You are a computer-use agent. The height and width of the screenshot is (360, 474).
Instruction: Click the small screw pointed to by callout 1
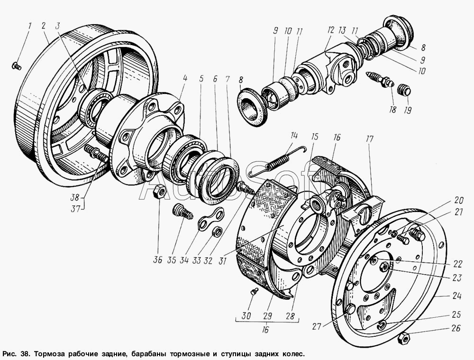coord(16,66)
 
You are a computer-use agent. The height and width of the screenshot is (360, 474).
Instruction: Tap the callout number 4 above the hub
coord(185,78)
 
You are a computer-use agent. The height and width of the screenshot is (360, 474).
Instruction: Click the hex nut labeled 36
coord(160,192)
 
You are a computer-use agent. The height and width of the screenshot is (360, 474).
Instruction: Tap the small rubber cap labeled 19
coord(404,90)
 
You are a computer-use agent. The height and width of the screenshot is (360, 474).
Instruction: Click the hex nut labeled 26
coord(404,339)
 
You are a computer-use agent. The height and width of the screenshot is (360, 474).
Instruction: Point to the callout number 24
coord(457,296)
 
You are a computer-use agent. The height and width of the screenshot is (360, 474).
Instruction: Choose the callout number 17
coord(369,139)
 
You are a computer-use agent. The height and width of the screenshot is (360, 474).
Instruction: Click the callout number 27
coord(316,326)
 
